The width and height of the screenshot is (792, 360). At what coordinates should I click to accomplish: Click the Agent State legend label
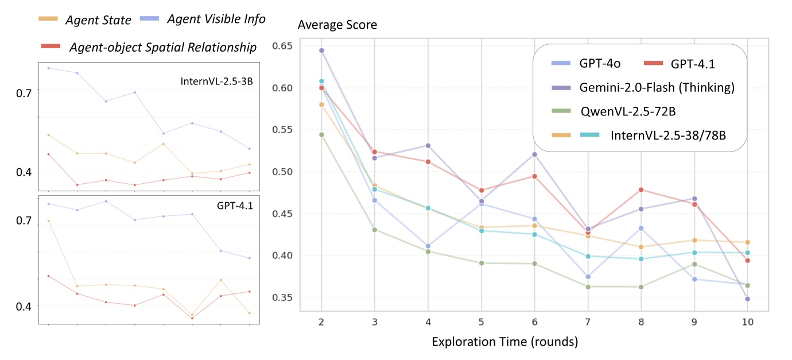click(x=98, y=20)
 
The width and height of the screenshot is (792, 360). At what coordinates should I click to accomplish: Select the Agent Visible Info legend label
click(x=216, y=19)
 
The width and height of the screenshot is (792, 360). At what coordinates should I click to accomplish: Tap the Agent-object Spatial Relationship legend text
click(x=162, y=47)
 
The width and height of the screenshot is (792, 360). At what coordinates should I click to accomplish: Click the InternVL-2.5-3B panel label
click(x=217, y=81)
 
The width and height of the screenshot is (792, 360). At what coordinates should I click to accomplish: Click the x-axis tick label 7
click(x=588, y=323)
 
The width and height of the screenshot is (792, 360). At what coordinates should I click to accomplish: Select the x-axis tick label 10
click(x=747, y=323)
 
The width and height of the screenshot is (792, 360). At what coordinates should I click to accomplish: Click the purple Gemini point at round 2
click(x=321, y=51)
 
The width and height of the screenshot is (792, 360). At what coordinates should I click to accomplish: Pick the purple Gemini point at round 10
click(x=747, y=299)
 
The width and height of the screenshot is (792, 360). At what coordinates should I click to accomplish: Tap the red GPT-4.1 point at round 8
click(x=641, y=189)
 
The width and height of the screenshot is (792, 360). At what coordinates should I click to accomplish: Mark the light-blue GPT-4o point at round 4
click(x=428, y=246)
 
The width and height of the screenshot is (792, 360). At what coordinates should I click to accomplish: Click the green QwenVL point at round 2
click(x=321, y=134)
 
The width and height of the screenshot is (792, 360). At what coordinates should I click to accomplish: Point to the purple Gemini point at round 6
click(x=534, y=154)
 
